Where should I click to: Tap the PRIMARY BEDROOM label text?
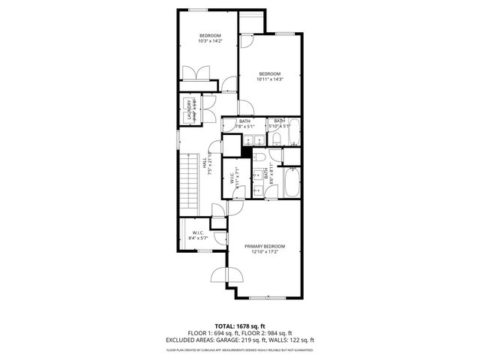click(x=265, y=246)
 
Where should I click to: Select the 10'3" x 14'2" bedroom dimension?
click(x=209, y=42)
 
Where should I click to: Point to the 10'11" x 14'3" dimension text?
click(x=269, y=79)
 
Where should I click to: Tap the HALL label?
click(x=204, y=163)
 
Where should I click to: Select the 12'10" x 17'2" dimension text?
click(x=265, y=252)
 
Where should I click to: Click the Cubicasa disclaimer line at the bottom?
click(x=239, y=349)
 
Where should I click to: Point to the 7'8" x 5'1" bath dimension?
click(x=244, y=127)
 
